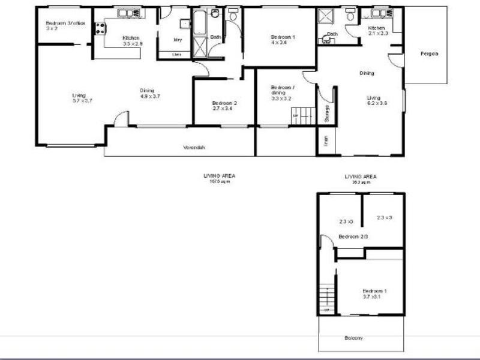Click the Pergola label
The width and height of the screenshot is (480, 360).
tap(429, 54)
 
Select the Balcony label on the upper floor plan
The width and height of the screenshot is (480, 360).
tap(353, 338)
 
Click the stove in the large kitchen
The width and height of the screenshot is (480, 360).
tap(99, 27)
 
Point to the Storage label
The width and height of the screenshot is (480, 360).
tap(327, 114)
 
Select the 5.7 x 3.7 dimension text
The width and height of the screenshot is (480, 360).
tap(79, 102)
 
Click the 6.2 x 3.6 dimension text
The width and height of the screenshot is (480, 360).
tap(377, 103)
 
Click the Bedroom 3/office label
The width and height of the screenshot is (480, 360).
tap(65, 24)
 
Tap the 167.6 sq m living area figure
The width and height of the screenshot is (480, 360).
tap(220, 181)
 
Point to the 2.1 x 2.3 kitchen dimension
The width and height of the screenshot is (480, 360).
tap(378, 34)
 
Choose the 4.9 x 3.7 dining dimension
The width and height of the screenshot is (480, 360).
tap(149, 96)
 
